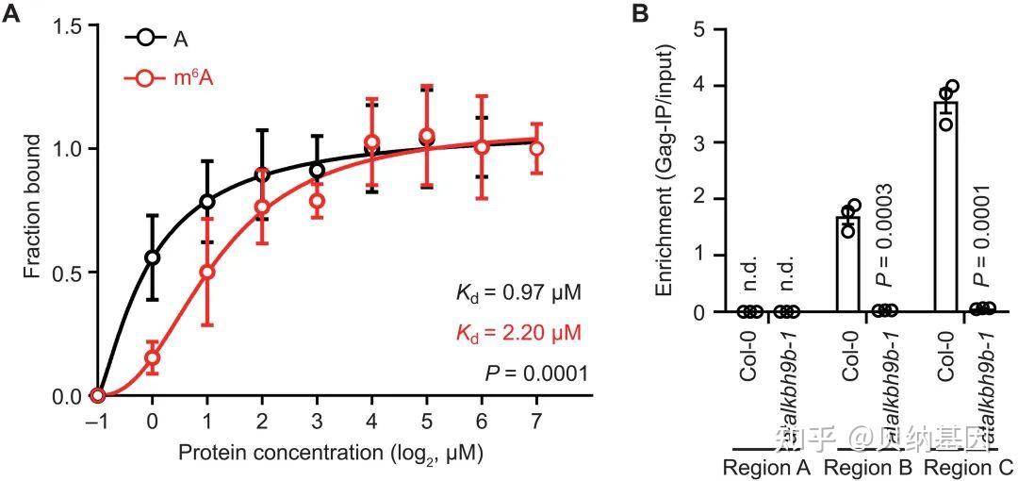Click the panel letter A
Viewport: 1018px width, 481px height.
tap(13, 16)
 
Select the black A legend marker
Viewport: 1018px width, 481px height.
tap(144, 40)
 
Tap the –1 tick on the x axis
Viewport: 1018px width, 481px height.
tap(95, 418)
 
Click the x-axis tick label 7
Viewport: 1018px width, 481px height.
tap(536, 418)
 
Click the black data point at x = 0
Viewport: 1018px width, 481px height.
tap(153, 257)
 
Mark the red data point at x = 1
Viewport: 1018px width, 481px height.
tap(207, 272)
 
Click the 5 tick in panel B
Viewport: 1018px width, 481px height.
tap(700, 29)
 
